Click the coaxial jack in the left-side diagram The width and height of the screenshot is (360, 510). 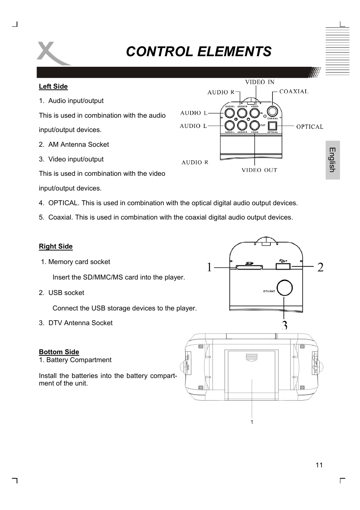pos(272,112)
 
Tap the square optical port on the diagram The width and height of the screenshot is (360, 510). pos(272,126)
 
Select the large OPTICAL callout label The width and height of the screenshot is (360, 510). pos(309,127)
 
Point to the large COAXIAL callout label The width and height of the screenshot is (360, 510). pos(294,91)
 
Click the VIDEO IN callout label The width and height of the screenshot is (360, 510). pos(260,82)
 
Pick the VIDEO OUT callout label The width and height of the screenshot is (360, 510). pos(259,170)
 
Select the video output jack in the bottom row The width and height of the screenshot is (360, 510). pos(255,126)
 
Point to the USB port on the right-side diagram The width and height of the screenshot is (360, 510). pos(283,266)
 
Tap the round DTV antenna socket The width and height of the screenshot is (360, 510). pos(285,288)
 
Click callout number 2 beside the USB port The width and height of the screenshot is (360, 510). pos(320,267)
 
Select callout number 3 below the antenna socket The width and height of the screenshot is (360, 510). pos(285,325)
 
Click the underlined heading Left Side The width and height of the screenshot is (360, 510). pos(53,86)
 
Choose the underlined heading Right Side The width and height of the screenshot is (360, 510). pos(55,246)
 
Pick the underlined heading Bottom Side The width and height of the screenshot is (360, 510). pos(59,352)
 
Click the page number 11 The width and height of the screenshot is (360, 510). pos(319,465)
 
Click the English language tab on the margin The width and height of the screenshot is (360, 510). pos(332,160)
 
